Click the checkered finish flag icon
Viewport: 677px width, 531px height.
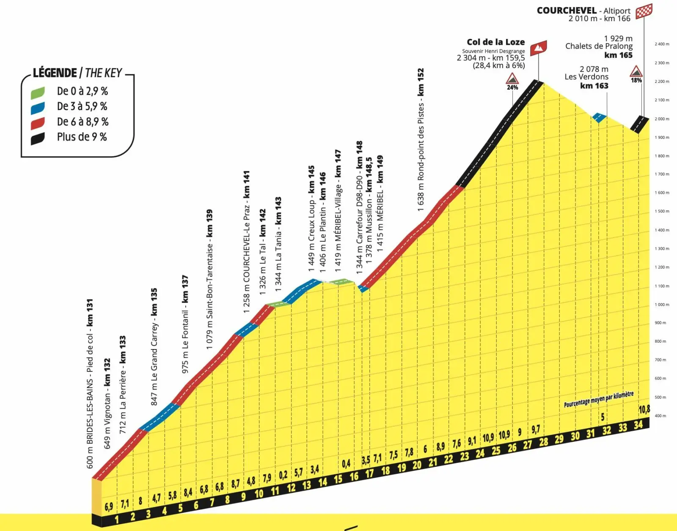point(644,11)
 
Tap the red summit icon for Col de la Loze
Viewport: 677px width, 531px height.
point(538,48)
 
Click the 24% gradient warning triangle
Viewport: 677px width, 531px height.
point(512,79)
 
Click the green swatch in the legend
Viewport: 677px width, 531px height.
point(38,93)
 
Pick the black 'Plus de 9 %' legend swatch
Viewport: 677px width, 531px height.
point(38,138)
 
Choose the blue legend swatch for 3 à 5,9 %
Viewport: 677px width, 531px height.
point(38,108)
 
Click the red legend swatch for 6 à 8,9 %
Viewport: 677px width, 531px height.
point(38,123)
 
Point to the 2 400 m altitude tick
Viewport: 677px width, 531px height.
point(662,44)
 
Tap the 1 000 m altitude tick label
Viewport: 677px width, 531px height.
point(662,305)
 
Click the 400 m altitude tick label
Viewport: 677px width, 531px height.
point(660,416)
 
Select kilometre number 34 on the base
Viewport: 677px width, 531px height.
point(638,424)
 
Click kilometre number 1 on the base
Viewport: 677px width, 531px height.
point(117,519)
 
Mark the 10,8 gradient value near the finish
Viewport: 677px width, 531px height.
point(644,409)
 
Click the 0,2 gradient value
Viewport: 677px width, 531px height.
point(283,475)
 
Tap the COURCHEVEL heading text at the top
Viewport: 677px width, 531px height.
point(567,11)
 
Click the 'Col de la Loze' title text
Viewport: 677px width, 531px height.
point(495,42)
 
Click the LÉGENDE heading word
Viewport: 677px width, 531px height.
point(55,73)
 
